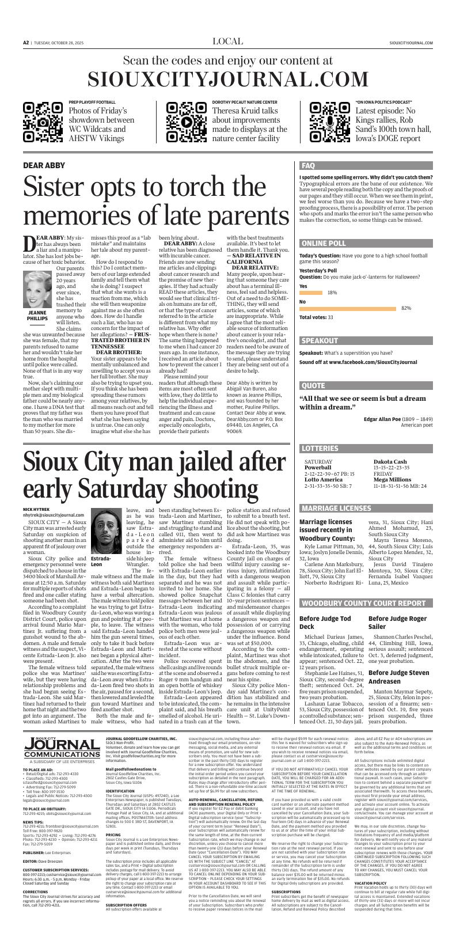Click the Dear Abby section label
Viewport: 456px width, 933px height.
(44, 165)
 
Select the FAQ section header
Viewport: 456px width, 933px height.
(309, 166)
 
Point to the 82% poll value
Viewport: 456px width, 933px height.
(406, 309)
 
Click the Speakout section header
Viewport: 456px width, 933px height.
(319, 340)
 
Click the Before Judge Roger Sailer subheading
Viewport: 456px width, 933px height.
(397, 622)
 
